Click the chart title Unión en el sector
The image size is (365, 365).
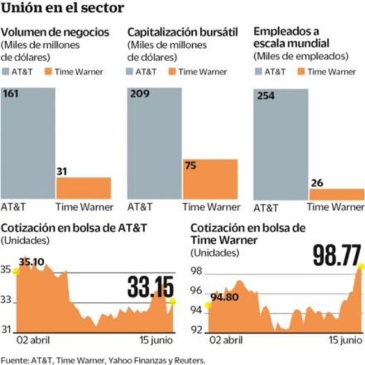click(x=63, y=8)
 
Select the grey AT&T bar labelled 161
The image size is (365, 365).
click(x=28, y=144)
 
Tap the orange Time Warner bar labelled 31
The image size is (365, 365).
click(x=84, y=188)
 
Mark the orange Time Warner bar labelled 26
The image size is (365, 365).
click(x=336, y=194)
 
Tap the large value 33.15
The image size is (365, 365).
click(x=151, y=288)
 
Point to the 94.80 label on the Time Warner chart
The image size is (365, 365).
click(x=223, y=297)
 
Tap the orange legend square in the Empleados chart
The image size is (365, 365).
click(x=302, y=72)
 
